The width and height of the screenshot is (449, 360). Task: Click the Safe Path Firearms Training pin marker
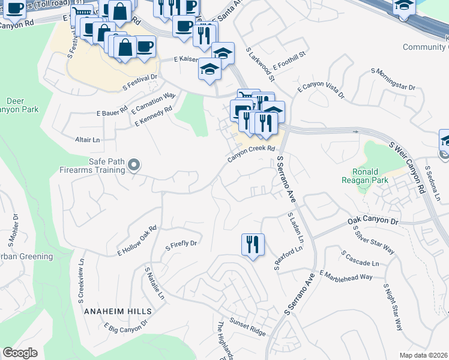point(134,164)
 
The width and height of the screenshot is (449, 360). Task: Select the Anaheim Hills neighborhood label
point(118,312)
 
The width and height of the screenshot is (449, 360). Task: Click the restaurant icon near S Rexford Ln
point(252,244)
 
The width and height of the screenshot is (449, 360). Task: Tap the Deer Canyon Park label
point(22,105)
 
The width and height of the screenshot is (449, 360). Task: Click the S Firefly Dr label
point(181,244)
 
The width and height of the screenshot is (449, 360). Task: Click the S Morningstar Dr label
point(393,79)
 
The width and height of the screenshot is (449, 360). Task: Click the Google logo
point(20,353)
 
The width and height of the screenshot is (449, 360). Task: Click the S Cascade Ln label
point(360,259)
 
